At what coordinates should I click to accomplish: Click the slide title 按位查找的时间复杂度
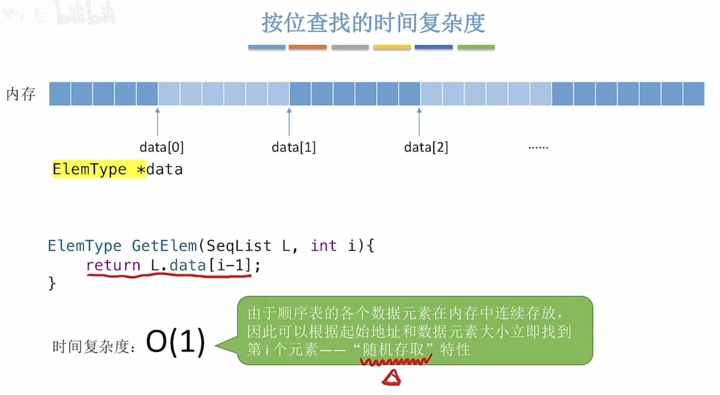tap(373, 23)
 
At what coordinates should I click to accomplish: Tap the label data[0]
tap(162, 147)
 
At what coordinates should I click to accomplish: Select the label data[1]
tap(294, 147)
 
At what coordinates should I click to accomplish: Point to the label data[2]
tap(426, 147)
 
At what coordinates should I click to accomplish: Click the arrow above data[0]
tap(158, 122)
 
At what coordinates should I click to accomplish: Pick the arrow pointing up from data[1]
tap(289, 122)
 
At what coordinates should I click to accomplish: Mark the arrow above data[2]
tap(419, 122)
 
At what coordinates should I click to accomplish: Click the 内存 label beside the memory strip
tap(21, 94)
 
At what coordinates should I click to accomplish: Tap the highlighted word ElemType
tap(89, 169)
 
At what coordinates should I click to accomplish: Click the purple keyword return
tap(113, 265)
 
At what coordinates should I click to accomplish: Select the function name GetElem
tap(164, 246)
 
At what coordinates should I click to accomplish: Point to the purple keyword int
tap(323, 246)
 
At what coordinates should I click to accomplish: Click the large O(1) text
tap(175, 342)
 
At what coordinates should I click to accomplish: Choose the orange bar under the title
tap(307, 47)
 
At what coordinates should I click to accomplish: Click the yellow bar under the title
tap(392, 47)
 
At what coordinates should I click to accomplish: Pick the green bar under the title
tap(476, 47)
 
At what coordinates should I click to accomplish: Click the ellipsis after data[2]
tap(538, 148)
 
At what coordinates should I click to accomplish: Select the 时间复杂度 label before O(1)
tap(93, 346)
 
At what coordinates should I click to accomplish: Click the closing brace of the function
tap(52, 283)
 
